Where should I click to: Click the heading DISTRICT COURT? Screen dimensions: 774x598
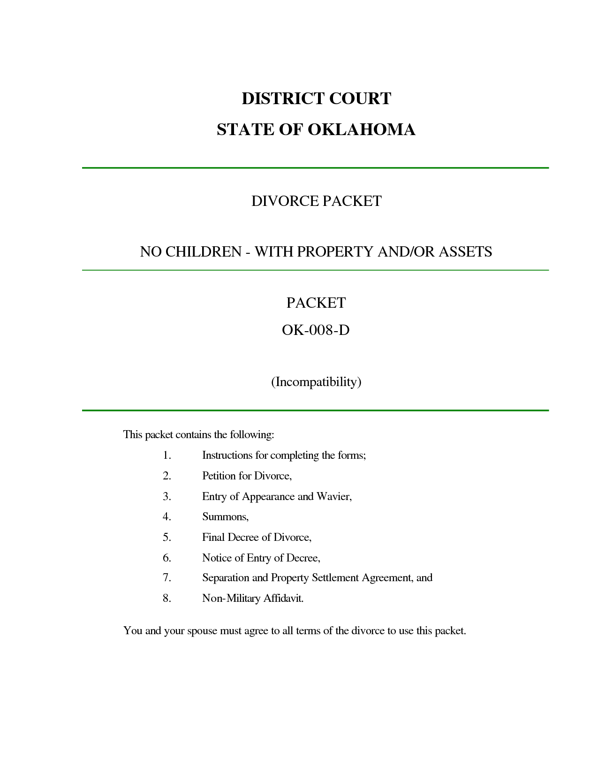click(316, 99)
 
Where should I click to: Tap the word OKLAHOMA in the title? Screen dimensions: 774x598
click(361, 129)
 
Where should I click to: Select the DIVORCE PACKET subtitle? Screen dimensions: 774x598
click(316, 201)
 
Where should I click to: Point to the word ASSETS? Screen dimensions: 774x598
click(465, 252)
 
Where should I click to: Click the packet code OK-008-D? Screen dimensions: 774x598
click(316, 330)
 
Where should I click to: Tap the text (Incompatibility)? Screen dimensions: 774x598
click(316, 382)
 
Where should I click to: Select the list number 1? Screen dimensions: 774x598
click(167, 455)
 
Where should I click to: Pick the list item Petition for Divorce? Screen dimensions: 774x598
click(247, 476)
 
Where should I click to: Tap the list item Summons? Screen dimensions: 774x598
click(225, 517)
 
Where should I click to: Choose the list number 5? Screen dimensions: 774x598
click(167, 537)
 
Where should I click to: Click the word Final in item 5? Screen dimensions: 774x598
click(213, 537)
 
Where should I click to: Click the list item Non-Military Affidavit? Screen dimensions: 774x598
click(253, 598)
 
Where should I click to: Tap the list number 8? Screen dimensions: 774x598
click(167, 598)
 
